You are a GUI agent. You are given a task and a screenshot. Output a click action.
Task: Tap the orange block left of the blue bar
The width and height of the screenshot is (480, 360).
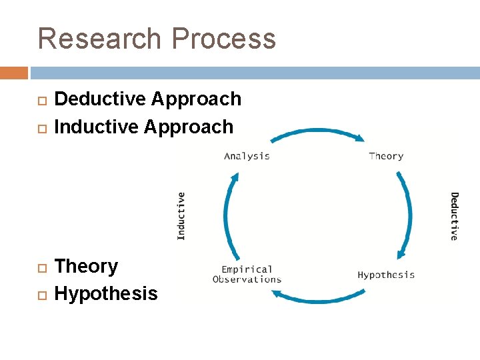point(14,73)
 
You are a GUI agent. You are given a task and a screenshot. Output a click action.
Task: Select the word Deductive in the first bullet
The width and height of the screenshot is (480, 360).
point(99,99)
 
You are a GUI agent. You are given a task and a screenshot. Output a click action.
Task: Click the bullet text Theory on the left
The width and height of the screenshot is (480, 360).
point(86,267)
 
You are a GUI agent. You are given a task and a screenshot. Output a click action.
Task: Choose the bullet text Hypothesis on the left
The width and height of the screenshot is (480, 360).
point(106,294)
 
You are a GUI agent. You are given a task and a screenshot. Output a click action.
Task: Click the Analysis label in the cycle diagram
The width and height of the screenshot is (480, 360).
point(247,156)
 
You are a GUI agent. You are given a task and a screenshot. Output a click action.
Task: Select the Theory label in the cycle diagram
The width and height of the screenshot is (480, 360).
point(386,156)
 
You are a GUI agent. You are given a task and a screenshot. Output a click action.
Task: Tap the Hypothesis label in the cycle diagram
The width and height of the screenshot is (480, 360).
point(386,275)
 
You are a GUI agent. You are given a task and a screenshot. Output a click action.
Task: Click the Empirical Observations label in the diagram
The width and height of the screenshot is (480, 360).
point(247,274)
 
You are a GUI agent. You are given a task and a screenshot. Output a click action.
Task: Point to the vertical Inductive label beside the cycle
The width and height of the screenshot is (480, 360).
point(181,215)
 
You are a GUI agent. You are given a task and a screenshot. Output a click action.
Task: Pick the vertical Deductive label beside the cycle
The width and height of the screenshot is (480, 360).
point(454,216)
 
